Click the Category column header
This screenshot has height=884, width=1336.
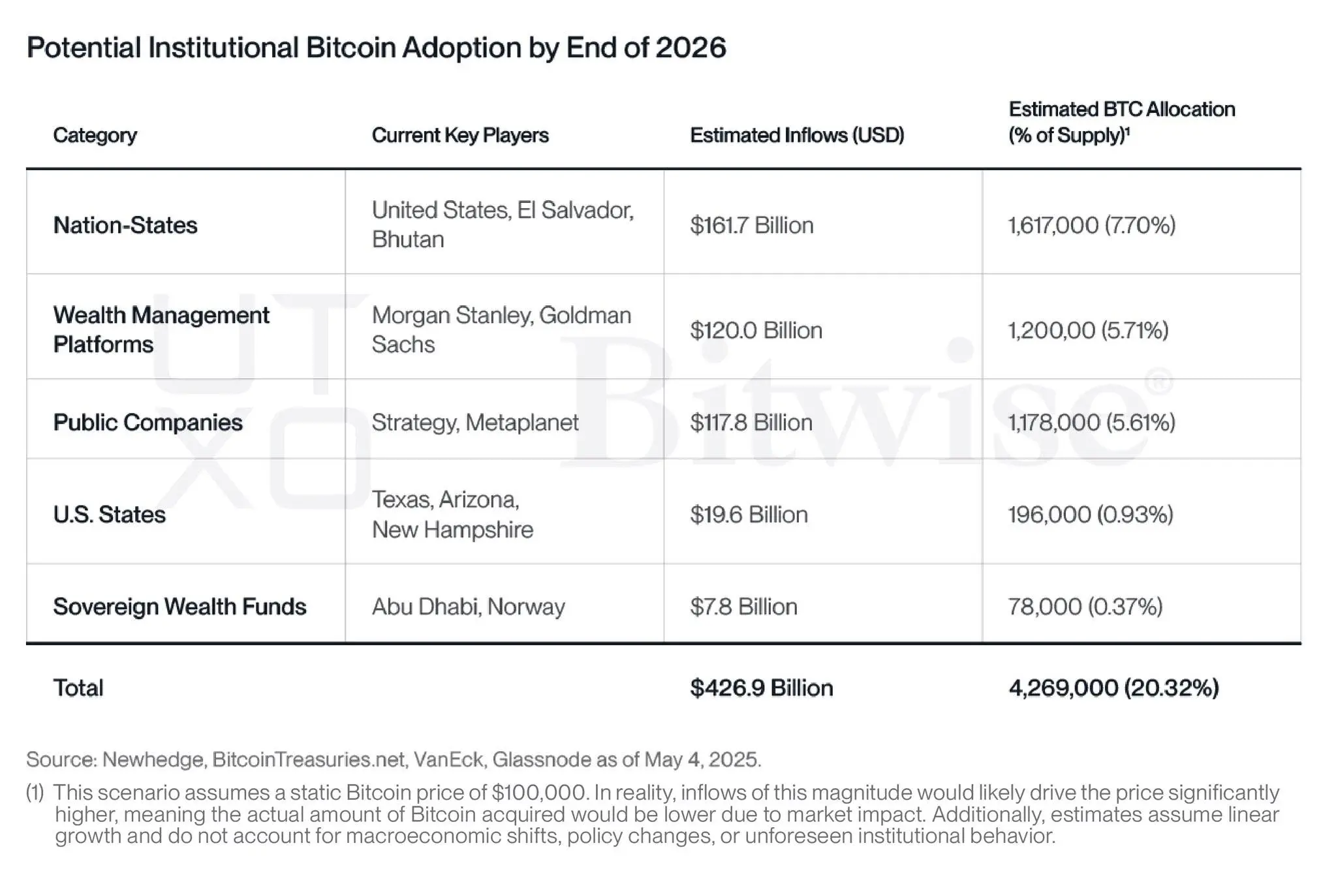(x=95, y=135)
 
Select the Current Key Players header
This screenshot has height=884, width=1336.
(x=459, y=135)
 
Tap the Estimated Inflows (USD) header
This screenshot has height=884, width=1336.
(x=796, y=135)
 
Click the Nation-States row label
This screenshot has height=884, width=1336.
(x=125, y=225)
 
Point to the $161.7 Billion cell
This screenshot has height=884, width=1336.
(x=751, y=225)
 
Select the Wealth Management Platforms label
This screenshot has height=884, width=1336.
(x=161, y=329)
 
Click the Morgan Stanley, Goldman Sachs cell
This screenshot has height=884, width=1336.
(x=501, y=329)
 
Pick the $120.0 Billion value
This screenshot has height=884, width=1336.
(x=756, y=330)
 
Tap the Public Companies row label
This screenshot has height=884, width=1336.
(x=148, y=422)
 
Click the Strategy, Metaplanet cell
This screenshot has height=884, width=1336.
(x=474, y=422)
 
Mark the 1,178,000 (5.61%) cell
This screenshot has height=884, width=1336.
(x=1091, y=422)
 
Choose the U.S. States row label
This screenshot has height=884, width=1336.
(x=109, y=515)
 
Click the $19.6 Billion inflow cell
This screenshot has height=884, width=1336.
(x=749, y=515)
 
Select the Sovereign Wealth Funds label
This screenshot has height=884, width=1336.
(x=179, y=607)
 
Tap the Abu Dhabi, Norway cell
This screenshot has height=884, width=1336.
(x=468, y=607)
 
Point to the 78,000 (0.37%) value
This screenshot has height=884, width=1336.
(x=1085, y=607)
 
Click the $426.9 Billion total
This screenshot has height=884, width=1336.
(x=761, y=688)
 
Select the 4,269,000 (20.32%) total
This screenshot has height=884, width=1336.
(x=1113, y=688)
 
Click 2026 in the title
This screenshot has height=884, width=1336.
(x=690, y=48)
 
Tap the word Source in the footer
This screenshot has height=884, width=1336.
(x=61, y=759)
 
